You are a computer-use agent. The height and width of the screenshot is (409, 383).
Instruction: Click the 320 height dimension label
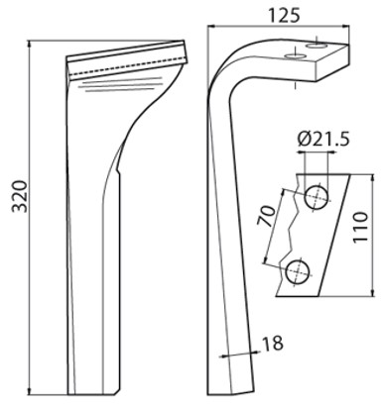[19, 196]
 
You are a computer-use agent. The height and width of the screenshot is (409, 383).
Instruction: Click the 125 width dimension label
[284, 16]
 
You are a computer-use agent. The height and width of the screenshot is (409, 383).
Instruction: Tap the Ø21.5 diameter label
[323, 140]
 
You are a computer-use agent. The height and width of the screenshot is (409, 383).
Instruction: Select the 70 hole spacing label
[266, 216]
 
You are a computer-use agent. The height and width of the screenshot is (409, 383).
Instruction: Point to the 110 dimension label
[360, 228]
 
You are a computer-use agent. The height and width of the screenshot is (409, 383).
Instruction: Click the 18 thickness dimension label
[273, 344]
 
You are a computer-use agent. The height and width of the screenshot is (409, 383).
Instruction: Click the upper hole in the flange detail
[317, 196]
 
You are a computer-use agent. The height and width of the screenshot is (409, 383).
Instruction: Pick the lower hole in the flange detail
[298, 271]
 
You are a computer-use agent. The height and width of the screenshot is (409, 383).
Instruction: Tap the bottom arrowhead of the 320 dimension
[30, 391]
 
